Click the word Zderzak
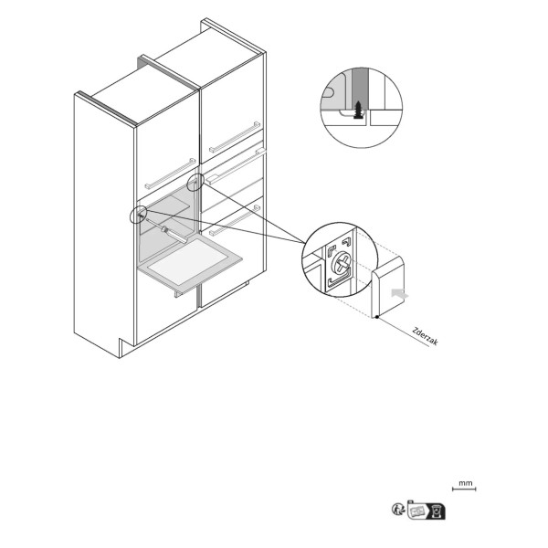click(x=425, y=336)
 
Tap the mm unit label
click(x=465, y=483)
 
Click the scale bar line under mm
click(x=464, y=489)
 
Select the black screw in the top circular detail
click(x=358, y=110)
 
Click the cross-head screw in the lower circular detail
click(x=341, y=264)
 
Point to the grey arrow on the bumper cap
click(x=399, y=293)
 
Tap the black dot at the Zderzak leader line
click(x=376, y=317)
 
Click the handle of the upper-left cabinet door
click(x=170, y=174)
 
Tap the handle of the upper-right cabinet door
click(x=235, y=137)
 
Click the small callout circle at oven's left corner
click(x=138, y=215)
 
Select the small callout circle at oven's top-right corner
click(x=195, y=183)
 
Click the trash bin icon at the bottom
click(x=437, y=511)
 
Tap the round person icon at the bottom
click(x=397, y=509)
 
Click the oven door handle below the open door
click(x=178, y=293)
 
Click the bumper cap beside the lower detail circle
click(x=388, y=287)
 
